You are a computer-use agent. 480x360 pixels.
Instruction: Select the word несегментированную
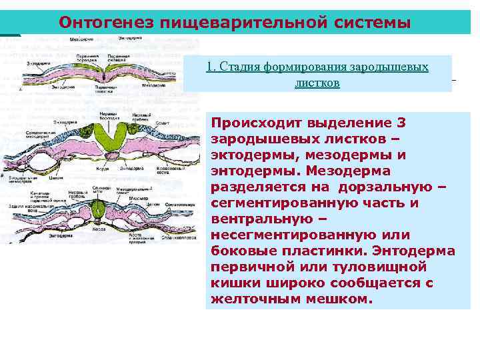coord(303,235)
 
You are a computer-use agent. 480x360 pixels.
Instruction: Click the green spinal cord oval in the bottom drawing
coord(100,213)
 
